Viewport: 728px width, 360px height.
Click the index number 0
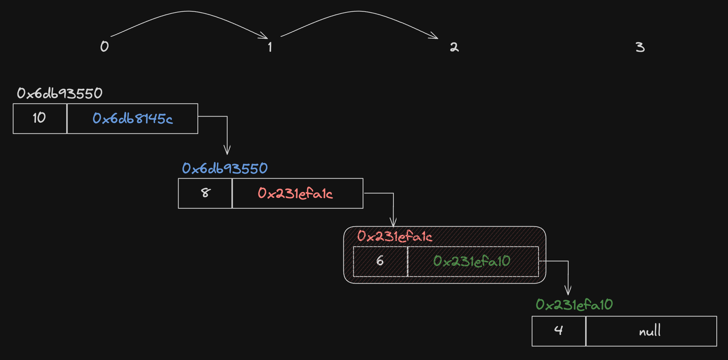click(x=105, y=46)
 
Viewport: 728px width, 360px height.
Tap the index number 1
click(x=270, y=47)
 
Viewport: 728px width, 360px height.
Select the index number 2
click(x=454, y=47)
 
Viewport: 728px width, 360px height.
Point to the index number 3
click(x=640, y=47)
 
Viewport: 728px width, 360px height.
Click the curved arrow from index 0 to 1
click(x=188, y=11)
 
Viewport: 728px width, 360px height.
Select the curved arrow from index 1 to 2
click(x=358, y=11)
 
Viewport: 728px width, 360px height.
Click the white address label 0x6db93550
click(x=60, y=93)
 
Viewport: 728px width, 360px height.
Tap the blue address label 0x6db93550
click(x=225, y=168)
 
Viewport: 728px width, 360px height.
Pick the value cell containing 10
click(x=40, y=119)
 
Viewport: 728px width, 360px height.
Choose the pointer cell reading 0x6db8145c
click(x=133, y=119)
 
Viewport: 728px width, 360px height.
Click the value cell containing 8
click(x=205, y=193)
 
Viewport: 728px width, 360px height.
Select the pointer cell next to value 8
click(x=298, y=193)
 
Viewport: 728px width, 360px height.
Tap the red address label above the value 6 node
click(x=395, y=236)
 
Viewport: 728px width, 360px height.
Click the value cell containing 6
click(x=380, y=262)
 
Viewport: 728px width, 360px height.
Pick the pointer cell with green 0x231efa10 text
click(x=473, y=262)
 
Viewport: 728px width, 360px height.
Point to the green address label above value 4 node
click(x=574, y=304)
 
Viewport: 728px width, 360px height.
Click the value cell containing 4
click(x=559, y=331)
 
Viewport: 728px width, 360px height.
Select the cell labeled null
click(x=651, y=331)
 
